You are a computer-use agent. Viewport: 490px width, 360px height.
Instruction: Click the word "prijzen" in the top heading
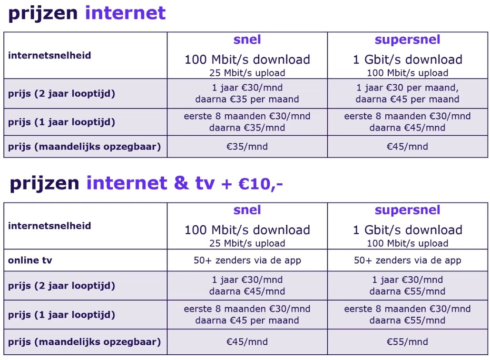tap(43, 13)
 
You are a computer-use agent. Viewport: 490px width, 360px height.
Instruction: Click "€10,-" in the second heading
tap(260, 184)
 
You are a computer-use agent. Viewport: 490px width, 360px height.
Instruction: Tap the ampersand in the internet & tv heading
tap(181, 183)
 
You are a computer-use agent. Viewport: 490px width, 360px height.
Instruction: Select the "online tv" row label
tap(30, 260)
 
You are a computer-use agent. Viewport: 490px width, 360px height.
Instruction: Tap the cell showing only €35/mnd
tap(247, 146)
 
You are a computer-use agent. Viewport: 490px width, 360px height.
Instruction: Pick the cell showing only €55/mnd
tap(408, 342)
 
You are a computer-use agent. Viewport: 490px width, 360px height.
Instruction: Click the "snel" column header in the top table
tap(247, 40)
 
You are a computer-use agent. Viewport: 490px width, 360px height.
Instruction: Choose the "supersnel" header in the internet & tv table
tap(408, 210)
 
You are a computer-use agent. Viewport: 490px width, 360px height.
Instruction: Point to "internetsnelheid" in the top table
tap(49, 55)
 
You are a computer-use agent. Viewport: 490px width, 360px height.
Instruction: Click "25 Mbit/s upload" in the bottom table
tap(247, 243)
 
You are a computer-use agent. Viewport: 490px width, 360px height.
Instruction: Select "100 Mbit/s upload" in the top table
tap(408, 73)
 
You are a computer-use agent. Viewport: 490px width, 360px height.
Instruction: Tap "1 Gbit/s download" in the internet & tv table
tap(408, 230)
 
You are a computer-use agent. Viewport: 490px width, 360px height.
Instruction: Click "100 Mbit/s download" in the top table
tap(247, 60)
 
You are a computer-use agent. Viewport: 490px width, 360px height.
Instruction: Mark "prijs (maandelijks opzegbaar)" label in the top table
tap(84, 147)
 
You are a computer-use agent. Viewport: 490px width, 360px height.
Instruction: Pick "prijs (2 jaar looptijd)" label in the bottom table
tap(61, 286)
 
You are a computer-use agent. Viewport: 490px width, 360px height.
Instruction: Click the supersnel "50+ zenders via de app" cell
tap(408, 260)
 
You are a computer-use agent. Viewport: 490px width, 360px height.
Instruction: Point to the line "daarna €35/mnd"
tap(247, 128)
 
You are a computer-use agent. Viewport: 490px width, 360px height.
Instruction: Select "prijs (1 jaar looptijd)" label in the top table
tap(61, 122)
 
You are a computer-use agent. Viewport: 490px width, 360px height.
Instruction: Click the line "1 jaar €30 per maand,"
tap(408, 88)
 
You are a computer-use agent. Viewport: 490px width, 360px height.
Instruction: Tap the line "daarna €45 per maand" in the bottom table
tap(247, 320)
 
